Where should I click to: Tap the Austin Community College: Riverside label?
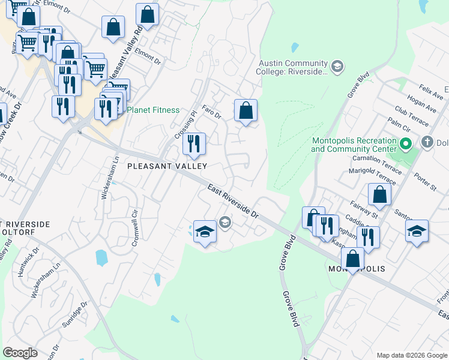pyautogui.click(x=293, y=67)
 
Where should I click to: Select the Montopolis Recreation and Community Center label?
pyautogui.click(x=355, y=145)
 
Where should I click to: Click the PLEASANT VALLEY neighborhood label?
pyautogui.click(x=167, y=166)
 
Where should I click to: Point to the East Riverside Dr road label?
pyautogui.click(x=233, y=201)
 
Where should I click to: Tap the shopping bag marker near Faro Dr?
pyautogui.click(x=246, y=111)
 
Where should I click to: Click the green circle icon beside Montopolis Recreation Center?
pyautogui.click(x=405, y=144)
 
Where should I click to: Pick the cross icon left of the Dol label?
pyautogui.click(x=427, y=143)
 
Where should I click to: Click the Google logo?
pyautogui.click(x=20, y=353)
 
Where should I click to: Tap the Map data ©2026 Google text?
pyautogui.click(x=411, y=355)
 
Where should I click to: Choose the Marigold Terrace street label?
pyautogui.click(x=372, y=176)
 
